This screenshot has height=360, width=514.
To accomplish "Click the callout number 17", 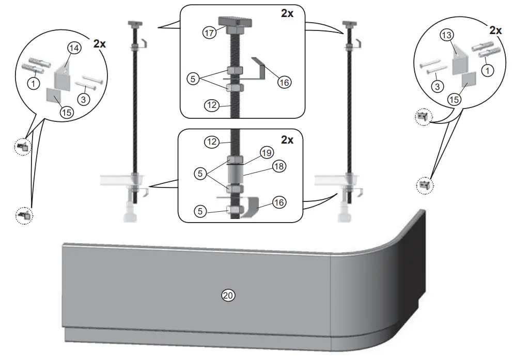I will pyautogui.click(x=209, y=32).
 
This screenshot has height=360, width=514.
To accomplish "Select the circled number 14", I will pyautogui.click(x=74, y=48).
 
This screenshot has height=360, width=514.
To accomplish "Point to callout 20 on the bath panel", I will pyautogui.click(x=228, y=295).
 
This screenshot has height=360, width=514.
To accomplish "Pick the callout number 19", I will pyautogui.click(x=266, y=153).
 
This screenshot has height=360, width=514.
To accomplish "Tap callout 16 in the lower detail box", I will pyautogui.click(x=279, y=202).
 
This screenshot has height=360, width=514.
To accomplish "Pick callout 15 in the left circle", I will pyautogui.click(x=66, y=112).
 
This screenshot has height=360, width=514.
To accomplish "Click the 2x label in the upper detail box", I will pyautogui.click(x=287, y=14).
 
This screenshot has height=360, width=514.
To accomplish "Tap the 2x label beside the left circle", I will pyautogui.click(x=100, y=44).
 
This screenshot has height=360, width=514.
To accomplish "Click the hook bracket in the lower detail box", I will pyautogui.click(x=249, y=206).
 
